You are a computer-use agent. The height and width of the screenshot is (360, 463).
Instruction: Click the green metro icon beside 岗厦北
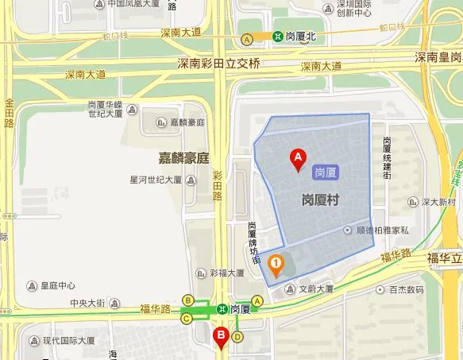278,37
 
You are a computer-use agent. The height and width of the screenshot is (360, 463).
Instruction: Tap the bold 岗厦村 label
321,199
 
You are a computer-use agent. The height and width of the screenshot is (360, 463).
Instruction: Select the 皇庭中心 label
58,286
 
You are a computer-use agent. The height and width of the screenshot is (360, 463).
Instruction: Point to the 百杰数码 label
405,290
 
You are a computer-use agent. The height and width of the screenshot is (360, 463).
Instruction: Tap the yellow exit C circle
187,319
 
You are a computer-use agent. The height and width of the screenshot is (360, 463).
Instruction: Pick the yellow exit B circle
188,300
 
